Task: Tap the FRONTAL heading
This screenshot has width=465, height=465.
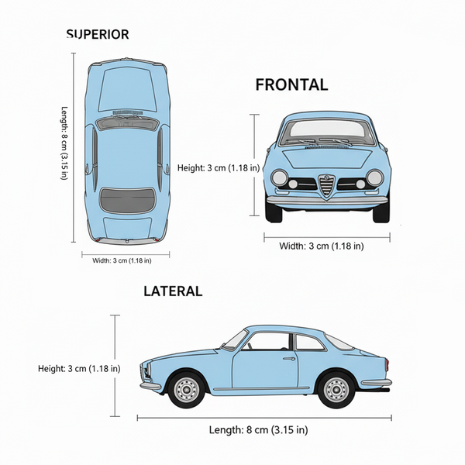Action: tap(291, 85)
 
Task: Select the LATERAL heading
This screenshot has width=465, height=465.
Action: tap(172, 291)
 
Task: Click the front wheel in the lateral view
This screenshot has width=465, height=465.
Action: tap(186, 390)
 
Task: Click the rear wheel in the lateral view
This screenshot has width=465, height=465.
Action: tap(335, 390)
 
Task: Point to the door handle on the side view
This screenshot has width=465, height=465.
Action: tap(289, 358)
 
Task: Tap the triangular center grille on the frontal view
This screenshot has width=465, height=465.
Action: tap(327, 185)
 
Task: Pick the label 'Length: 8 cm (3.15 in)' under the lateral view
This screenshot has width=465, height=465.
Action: tap(258, 430)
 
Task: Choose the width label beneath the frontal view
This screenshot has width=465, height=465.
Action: tap(322, 246)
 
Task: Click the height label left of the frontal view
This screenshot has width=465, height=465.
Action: tap(217, 167)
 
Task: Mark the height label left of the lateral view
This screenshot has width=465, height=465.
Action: tap(79, 368)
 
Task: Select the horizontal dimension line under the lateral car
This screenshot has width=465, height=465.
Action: tap(258, 418)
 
